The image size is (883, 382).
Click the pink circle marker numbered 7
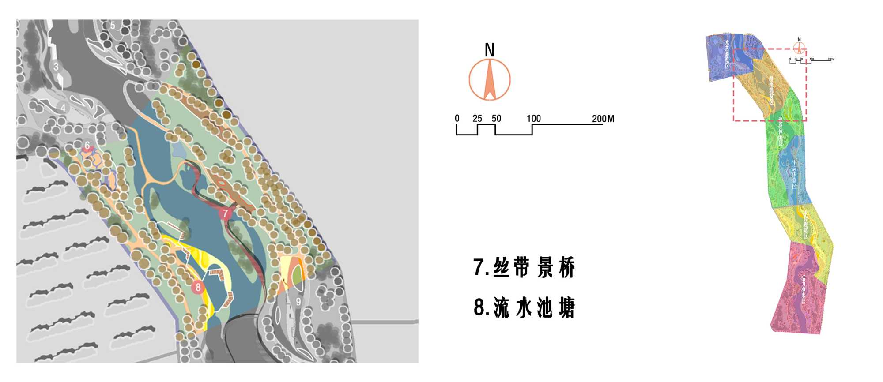coord(225,213)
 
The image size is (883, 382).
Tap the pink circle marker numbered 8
coord(198,287)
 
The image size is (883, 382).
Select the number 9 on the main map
coord(298,302)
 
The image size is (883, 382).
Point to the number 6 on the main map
coord(87,146)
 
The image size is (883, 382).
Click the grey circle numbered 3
coord(56,67)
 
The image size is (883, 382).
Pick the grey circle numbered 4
coord(63,108)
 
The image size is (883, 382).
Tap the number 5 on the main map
coord(113,26)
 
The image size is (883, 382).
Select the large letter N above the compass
coord(489,50)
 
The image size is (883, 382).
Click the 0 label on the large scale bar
coord(457,118)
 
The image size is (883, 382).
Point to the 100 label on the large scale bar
coord(533,118)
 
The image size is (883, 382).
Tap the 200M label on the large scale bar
coord(603,118)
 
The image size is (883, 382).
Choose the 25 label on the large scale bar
coord(477,118)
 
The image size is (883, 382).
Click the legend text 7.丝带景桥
coord(524,267)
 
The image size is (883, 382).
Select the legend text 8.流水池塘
coord(524,307)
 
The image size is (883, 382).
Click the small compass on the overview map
coord(799,47)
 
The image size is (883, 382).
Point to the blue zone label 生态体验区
coord(793,174)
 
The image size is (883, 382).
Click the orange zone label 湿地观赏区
coord(771,90)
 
